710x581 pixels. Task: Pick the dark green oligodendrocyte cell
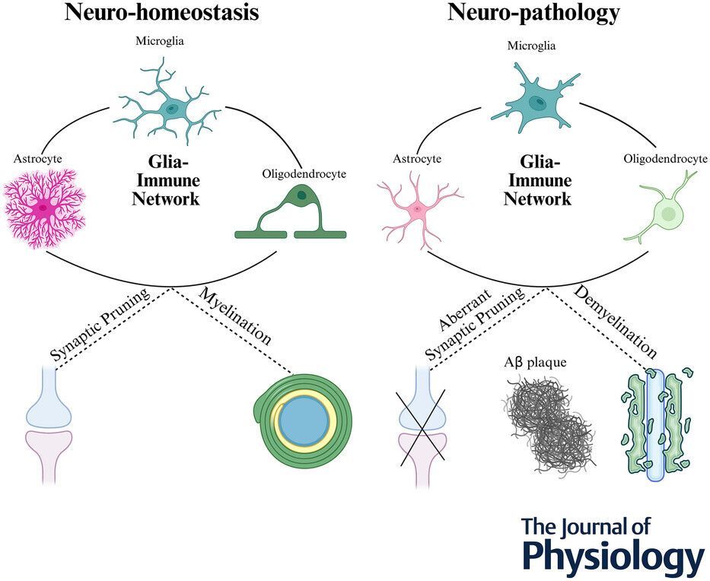click(290, 214)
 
